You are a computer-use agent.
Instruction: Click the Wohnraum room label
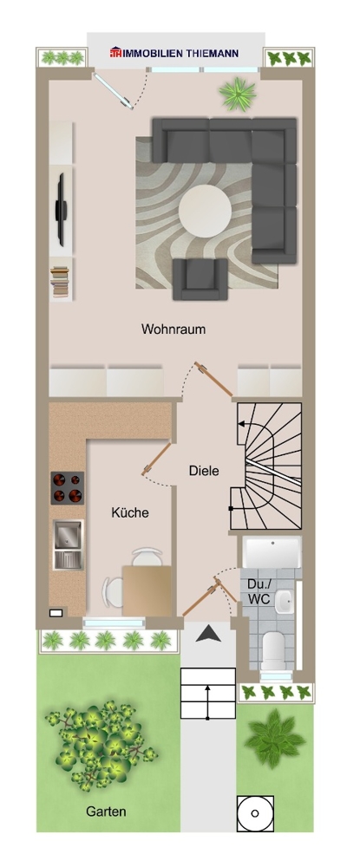(173, 329)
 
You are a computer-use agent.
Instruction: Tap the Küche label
(130, 512)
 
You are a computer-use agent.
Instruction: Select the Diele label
(204, 471)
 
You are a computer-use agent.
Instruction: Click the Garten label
(105, 812)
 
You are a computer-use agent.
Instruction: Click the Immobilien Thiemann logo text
(175, 54)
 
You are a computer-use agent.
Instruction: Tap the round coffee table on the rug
(206, 209)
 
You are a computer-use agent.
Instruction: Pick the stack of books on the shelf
(61, 283)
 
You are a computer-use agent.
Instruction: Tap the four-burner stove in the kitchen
(68, 487)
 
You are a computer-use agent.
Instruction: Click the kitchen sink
(67, 544)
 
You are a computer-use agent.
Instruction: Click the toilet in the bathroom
(274, 648)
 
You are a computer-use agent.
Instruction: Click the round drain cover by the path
(255, 814)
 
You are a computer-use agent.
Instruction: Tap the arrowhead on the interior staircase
(242, 424)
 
